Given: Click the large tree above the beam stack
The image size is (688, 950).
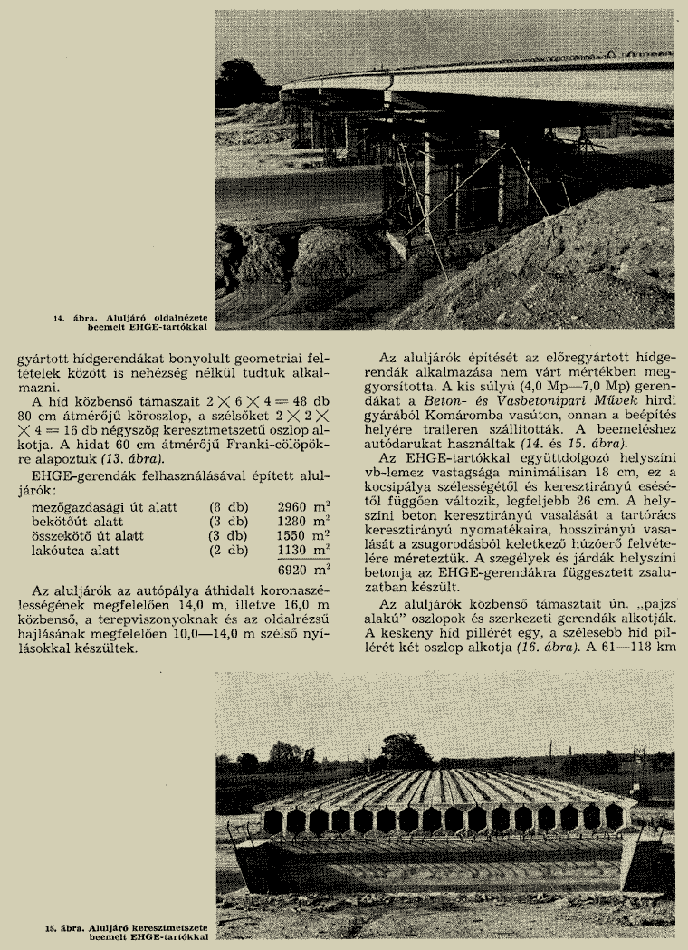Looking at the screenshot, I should point(407,750).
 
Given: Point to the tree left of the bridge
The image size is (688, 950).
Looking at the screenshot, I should point(241,80).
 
